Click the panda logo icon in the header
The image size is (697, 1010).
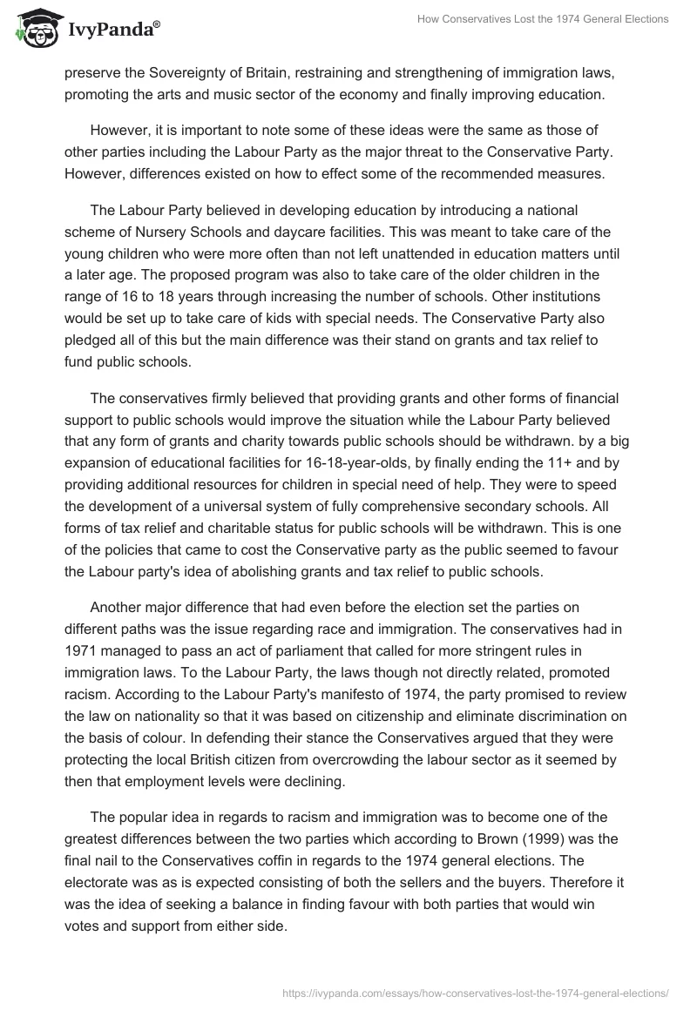point(35,30)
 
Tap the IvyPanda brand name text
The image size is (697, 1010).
point(111,30)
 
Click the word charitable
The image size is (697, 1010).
point(227,529)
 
